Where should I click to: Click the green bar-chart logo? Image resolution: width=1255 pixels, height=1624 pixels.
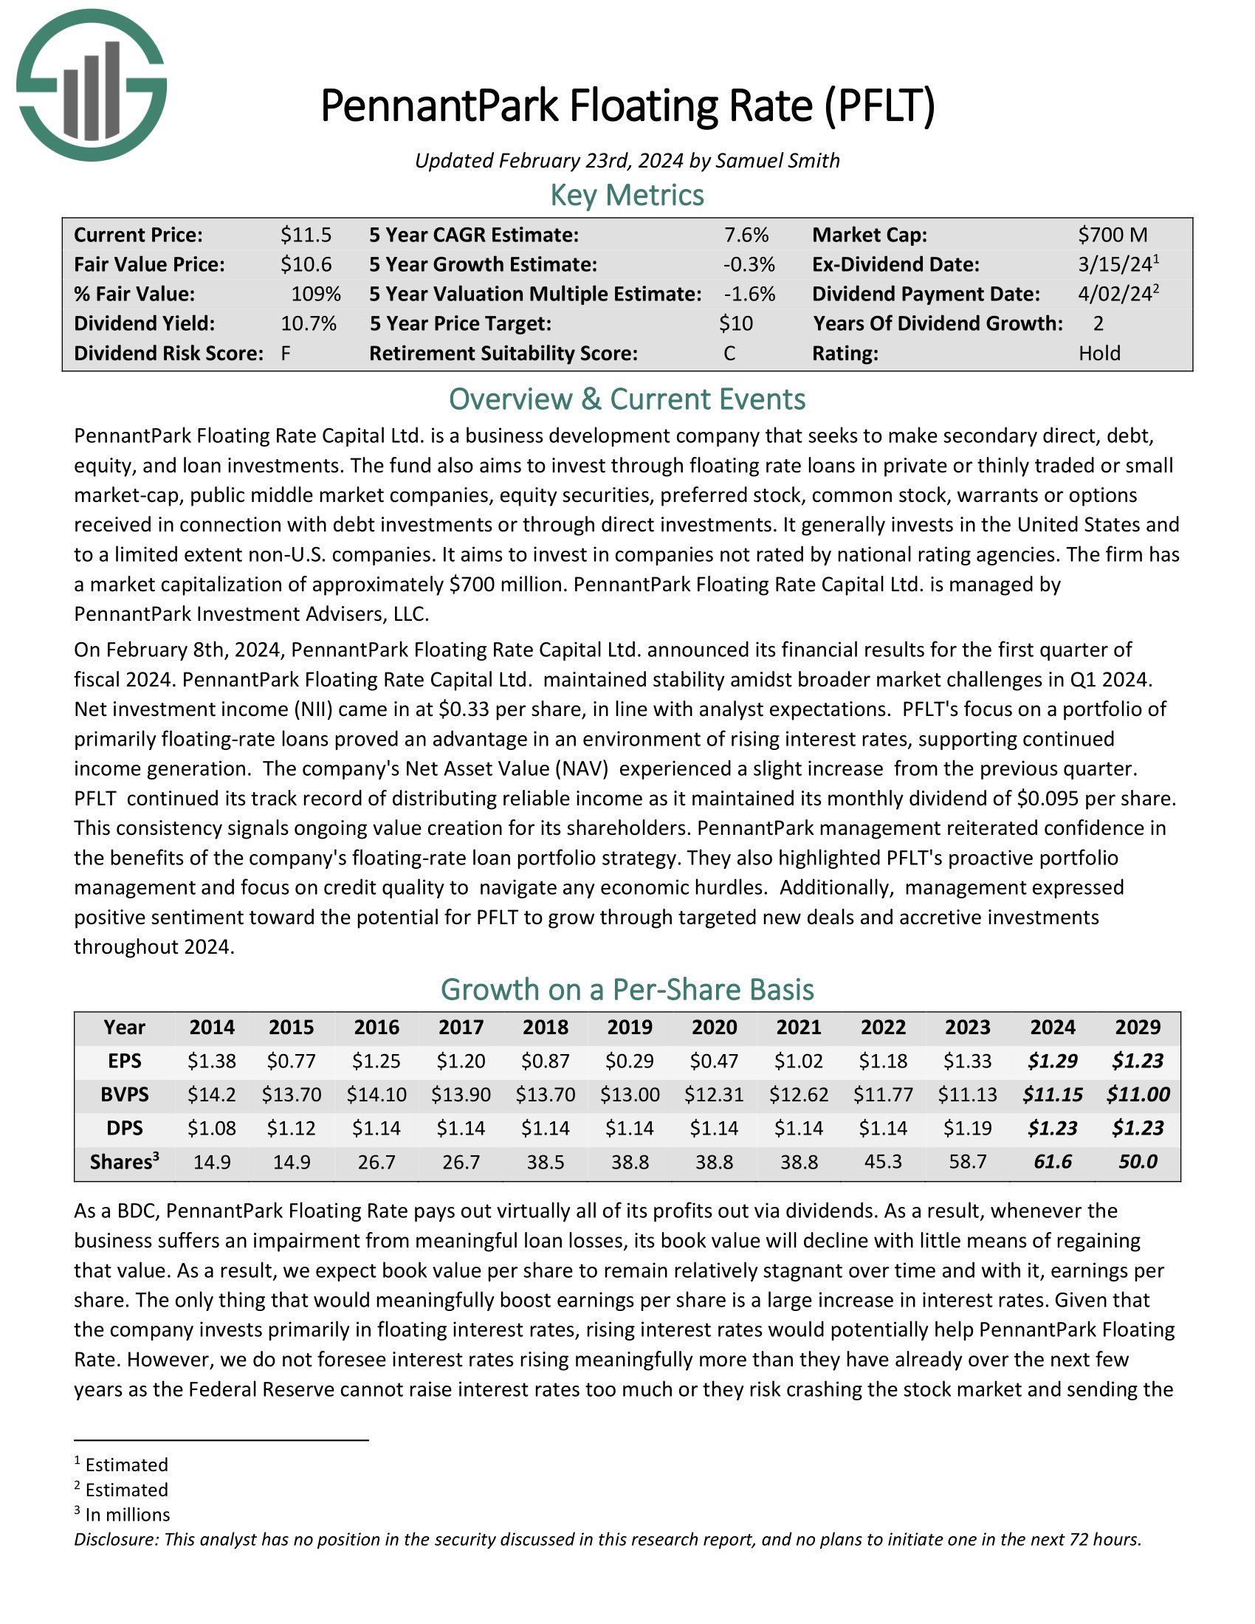tap(92, 86)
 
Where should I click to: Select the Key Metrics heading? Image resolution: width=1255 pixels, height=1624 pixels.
tap(627, 196)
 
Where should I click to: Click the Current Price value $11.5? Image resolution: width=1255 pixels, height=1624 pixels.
tap(306, 235)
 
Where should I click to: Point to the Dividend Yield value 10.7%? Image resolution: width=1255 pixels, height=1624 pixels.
tap(309, 323)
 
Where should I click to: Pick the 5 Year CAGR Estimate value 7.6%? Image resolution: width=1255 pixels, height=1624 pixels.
tap(746, 235)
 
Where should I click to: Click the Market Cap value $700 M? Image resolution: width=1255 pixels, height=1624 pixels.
tap(1113, 235)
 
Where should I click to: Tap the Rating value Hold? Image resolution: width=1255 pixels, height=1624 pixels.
tap(1099, 353)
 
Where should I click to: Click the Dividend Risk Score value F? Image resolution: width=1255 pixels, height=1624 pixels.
tap(286, 353)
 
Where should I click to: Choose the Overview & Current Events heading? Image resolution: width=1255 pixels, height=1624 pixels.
tap(627, 399)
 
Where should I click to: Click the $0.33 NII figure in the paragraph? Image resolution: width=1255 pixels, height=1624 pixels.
tap(464, 709)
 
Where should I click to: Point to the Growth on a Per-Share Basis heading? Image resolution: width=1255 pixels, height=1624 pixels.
tap(627, 990)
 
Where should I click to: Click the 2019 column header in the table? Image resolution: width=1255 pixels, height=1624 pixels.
tap(630, 1027)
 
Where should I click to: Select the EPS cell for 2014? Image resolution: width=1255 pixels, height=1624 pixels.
tap(212, 1061)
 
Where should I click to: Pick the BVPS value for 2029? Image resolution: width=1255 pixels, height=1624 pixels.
tap(1138, 1095)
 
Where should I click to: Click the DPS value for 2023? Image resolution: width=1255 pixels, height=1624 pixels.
tap(967, 1128)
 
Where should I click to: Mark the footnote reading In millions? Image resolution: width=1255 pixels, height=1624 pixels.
tap(127, 1515)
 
